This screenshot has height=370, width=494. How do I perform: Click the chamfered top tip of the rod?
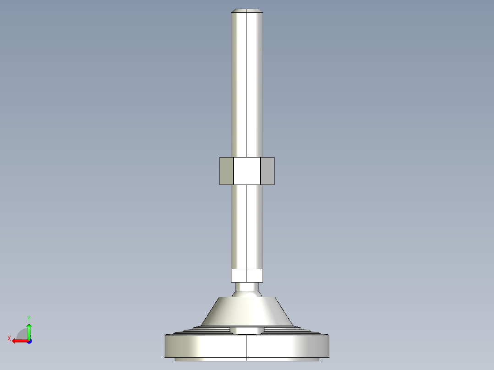(247, 10)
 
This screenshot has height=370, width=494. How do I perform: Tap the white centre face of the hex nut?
(247, 171)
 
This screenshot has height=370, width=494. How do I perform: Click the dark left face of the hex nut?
(226, 171)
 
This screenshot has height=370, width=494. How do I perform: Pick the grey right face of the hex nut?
(267, 171)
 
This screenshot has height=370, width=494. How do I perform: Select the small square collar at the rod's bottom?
(247, 275)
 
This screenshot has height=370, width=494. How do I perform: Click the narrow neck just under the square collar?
(247, 287)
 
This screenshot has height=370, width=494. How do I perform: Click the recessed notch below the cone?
(247, 330)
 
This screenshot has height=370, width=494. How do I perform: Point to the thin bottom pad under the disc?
(247, 359)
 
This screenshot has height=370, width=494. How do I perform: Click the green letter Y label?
(28, 318)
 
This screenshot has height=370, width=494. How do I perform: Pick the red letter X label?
(9, 339)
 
